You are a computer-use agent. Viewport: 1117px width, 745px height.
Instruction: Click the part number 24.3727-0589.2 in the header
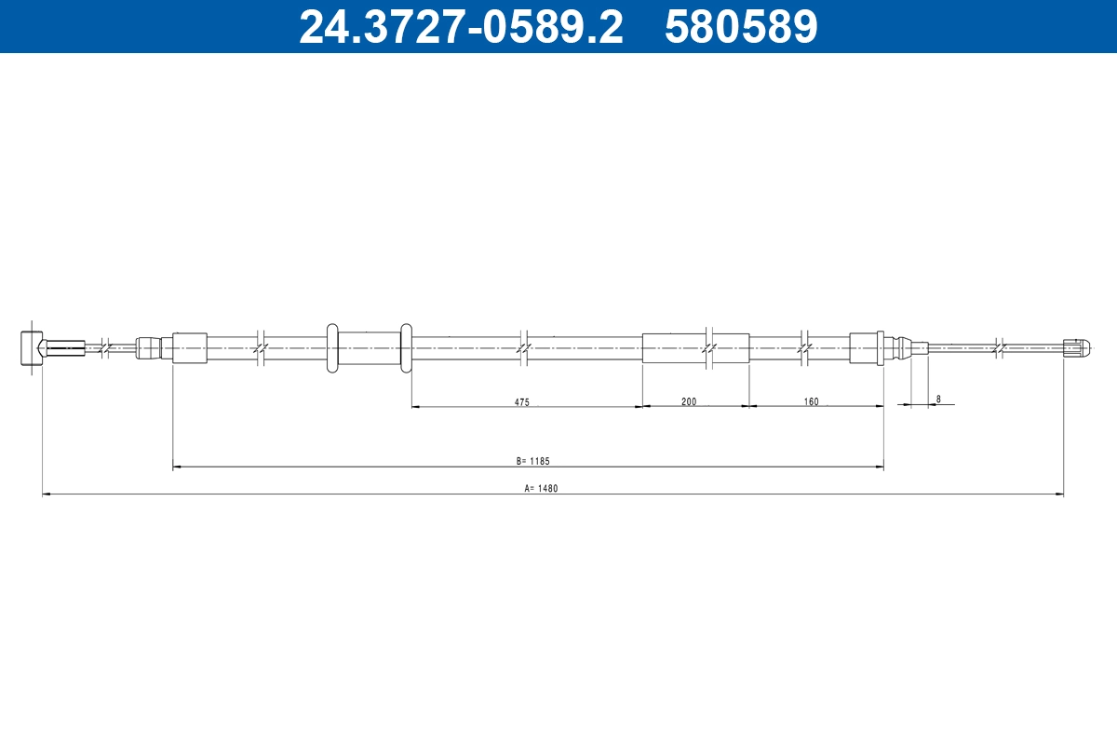pyautogui.click(x=461, y=26)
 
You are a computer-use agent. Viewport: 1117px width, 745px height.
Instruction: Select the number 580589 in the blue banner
pyautogui.click(x=741, y=26)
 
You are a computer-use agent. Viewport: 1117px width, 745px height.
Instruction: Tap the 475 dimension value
pyautogui.click(x=521, y=402)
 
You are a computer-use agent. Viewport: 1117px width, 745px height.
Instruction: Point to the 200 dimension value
pyautogui.click(x=689, y=402)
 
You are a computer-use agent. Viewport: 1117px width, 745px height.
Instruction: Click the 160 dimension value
pyautogui.click(x=811, y=402)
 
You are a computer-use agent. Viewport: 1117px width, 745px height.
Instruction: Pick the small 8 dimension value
pyautogui.click(x=938, y=400)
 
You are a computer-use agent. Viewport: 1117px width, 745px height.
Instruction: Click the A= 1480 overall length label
pyautogui.click(x=541, y=488)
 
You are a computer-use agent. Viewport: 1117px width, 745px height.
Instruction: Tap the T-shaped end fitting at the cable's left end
pyautogui.click(x=31, y=348)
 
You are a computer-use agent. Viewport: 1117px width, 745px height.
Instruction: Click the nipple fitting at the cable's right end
pyautogui.click(x=1075, y=348)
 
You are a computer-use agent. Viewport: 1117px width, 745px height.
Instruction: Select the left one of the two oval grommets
pyautogui.click(x=332, y=348)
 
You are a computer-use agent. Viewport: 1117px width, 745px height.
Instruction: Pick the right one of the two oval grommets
pyautogui.click(x=406, y=348)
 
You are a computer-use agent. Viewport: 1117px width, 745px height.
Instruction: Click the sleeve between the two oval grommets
pyautogui.click(x=369, y=348)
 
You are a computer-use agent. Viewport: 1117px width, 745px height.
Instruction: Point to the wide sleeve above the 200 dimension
pyautogui.click(x=695, y=348)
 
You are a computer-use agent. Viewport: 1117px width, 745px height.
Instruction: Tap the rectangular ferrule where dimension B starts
pyautogui.click(x=190, y=348)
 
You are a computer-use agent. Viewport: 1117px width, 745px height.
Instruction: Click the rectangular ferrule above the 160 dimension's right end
pyautogui.click(x=866, y=348)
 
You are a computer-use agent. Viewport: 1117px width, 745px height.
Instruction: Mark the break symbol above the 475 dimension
pyautogui.click(x=524, y=348)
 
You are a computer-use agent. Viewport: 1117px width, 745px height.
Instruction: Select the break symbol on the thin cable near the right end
pyautogui.click(x=998, y=348)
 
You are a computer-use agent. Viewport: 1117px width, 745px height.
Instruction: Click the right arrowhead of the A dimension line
pyautogui.click(x=1059, y=494)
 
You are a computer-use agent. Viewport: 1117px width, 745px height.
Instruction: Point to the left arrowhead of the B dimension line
pyautogui.click(x=178, y=467)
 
